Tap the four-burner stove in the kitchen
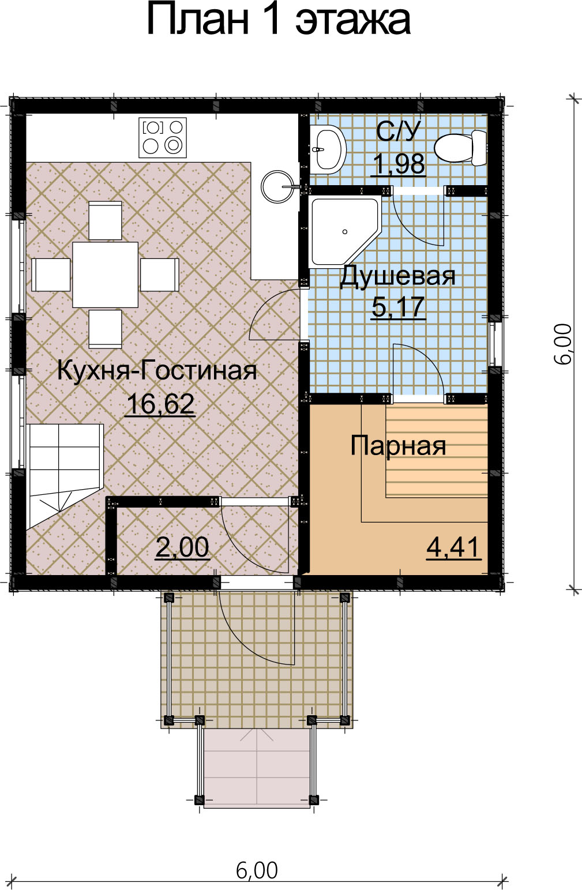pyautogui.click(x=163, y=137)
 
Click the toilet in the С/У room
pyautogui.click(x=460, y=148)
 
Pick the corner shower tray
pyautogui.click(x=345, y=231)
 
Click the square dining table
pyautogui.click(x=106, y=275)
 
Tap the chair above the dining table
pyautogui.click(x=105, y=220)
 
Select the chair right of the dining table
pyautogui.click(x=159, y=275)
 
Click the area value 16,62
pyautogui.click(x=160, y=404)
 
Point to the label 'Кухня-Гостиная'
pyautogui.click(x=157, y=371)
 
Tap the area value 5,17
pyautogui.click(x=399, y=307)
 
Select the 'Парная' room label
pyautogui.click(x=398, y=446)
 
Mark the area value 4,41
pyautogui.click(x=454, y=547)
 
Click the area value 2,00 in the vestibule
pyautogui.click(x=182, y=547)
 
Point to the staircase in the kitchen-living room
pyautogui.click(x=65, y=477)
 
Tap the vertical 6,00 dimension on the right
pyautogui.click(x=562, y=343)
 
